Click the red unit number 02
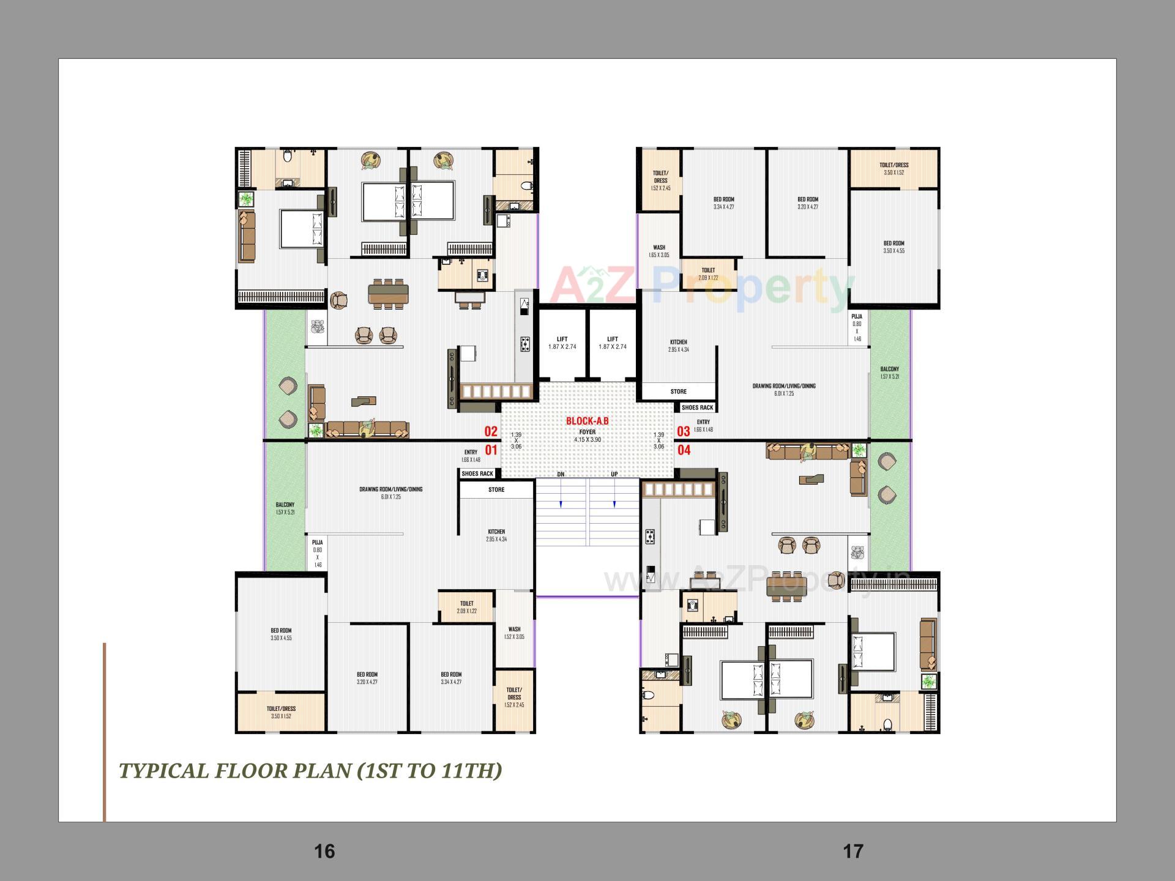[491, 431]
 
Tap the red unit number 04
[684, 450]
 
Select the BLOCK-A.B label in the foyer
[587, 421]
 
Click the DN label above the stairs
[561, 475]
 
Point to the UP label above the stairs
[614, 475]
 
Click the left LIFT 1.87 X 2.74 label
[562, 343]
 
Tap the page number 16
[324, 851]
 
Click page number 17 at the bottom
[853, 851]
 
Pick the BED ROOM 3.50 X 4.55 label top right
[893, 247]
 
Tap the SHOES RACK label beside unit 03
[697, 407]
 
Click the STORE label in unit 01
[496, 489]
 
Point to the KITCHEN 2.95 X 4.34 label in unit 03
[678, 346]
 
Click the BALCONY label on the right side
[889, 373]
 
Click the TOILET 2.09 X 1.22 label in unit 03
[708, 273]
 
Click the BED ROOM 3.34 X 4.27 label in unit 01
[451, 678]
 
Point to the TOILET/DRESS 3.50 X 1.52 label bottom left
[281, 712]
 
